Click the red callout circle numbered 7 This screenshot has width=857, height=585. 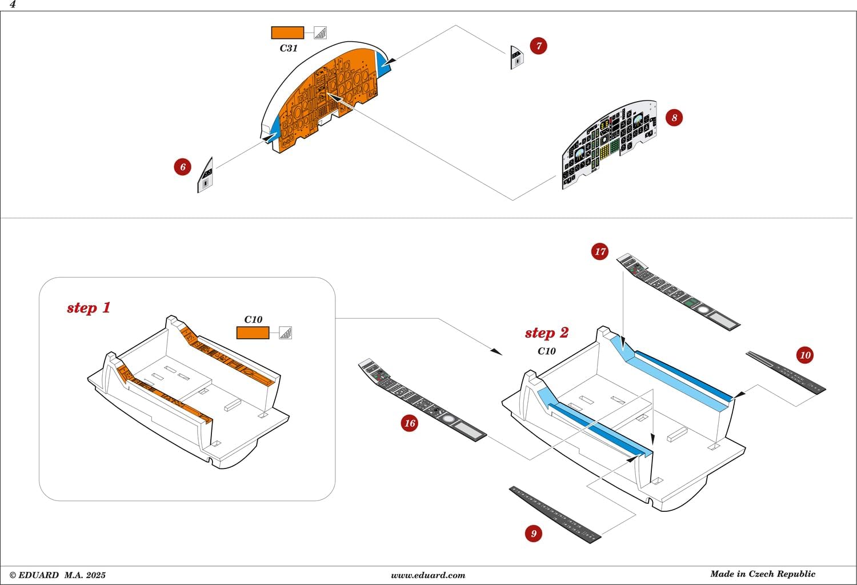[x=538, y=46]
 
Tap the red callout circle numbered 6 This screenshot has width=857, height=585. [x=183, y=167]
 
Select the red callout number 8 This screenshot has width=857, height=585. [x=674, y=118]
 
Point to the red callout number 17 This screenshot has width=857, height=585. [x=600, y=251]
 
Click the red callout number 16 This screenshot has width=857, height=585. [x=410, y=423]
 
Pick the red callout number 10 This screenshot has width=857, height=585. [x=805, y=355]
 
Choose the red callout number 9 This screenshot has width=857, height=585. [x=534, y=534]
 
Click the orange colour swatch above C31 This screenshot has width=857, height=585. [x=287, y=33]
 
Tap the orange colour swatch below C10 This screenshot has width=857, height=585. [x=253, y=332]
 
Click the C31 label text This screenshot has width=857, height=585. [x=289, y=49]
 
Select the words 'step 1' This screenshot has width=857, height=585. [x=89, y=308]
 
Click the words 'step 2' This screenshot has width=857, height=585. [x=547, y=333]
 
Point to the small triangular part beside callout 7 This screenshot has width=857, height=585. [x=516, y=57]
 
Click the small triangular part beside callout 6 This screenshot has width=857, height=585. [x=206, y=176]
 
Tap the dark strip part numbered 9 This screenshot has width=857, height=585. [x=554, y=515]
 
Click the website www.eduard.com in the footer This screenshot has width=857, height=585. [x=428, y=575]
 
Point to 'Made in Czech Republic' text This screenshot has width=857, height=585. [x=763, y=574]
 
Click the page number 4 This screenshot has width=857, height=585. [x=13, y=5]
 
